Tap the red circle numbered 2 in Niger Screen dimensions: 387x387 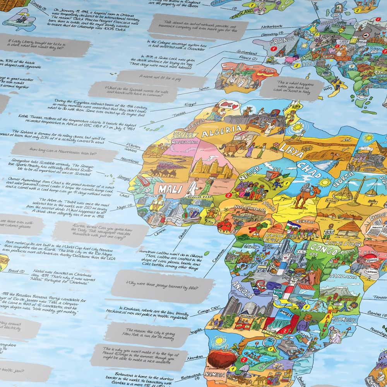[229, 195]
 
